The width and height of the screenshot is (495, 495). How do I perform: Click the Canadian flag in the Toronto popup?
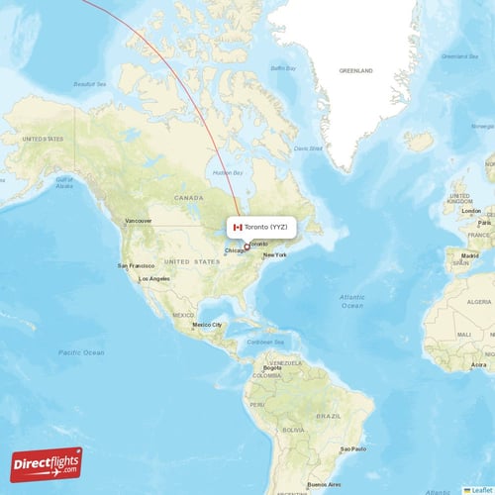click(x=237, y=227)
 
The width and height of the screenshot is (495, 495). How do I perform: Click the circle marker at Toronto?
click(x=247, y=247)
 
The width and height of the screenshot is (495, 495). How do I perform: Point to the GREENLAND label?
click(x=356, y=71)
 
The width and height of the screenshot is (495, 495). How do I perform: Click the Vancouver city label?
click(x=138, y=220)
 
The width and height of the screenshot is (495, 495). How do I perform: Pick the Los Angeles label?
click(x=154, y=278)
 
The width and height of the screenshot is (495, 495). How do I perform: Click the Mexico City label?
click(x=207, y=325)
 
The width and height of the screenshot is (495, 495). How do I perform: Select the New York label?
click(x=274, y=255)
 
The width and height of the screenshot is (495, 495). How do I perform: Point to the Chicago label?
click(x=234, y=250)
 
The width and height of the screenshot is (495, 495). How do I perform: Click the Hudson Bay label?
click(x=230, y=173)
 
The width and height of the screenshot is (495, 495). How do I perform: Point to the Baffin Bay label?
click(x=283, y=68)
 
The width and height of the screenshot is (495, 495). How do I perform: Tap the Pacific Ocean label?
click(x=81, y=352)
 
